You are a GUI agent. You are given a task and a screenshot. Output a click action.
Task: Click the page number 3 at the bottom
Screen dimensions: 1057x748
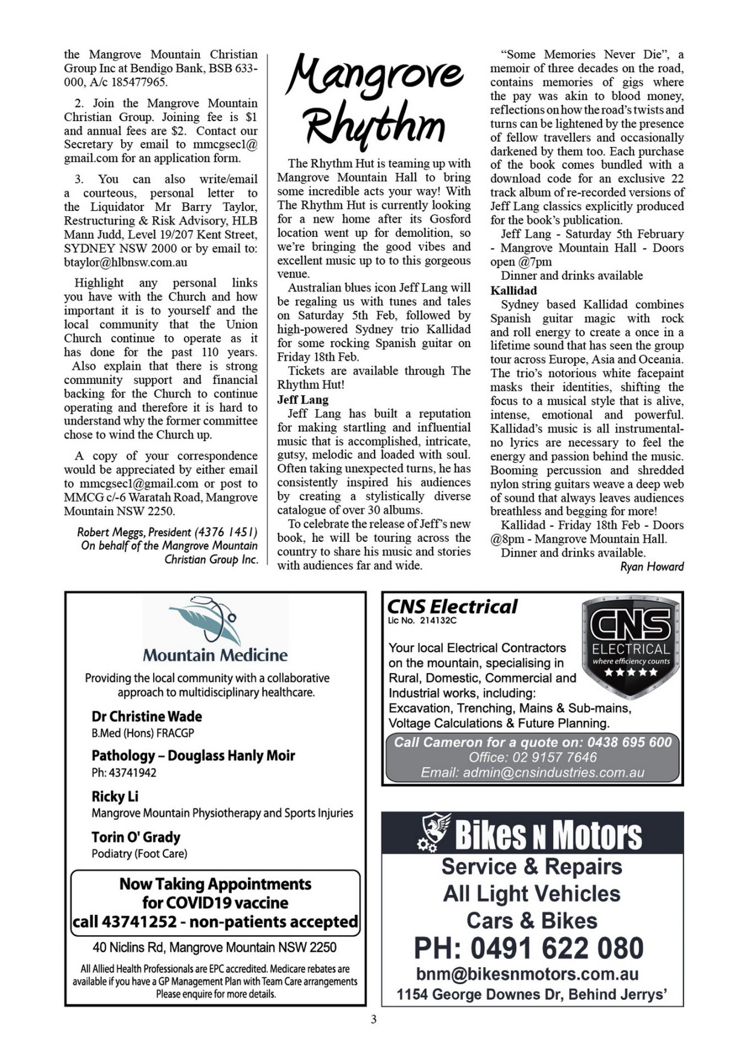pyautogui.click(x=373, y=1020)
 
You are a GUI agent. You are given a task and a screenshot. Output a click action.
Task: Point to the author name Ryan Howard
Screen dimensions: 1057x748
pyautogui.click(x=652, y=566)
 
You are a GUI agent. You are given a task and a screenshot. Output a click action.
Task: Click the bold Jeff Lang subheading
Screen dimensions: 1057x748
pyautogui.click(x=302, y=400)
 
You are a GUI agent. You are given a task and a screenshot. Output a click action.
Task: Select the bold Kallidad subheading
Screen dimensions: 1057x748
pyautogui.click(x=513, y=290)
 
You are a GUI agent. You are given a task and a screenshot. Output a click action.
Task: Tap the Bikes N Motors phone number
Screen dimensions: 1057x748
pyautogui.click(x=529, y=948)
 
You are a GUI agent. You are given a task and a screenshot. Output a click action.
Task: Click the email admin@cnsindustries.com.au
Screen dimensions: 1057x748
pyautogui.click(x=532, y=772)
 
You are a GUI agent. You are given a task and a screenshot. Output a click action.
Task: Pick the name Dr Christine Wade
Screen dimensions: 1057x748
pyautogui.click(x=147, y=716)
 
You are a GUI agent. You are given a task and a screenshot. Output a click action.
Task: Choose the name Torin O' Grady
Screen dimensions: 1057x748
pyautogui.click(x=136, y=837)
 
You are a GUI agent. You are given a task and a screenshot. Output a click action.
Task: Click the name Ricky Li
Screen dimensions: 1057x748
pyautogui.click(x=115, y=796)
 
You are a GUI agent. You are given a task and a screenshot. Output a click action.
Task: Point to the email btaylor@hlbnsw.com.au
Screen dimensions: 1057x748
pyautogui.click(x=126, y=263)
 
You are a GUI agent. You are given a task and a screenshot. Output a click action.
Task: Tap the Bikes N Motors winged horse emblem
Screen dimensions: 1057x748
pyautogui.click(x=435, y=833)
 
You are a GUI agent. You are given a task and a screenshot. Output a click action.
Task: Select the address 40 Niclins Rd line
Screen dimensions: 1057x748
pyautogui.click(x=214, y=947)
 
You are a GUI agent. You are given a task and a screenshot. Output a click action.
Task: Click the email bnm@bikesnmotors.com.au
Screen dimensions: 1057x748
pyautogui.click(x=527, y=974)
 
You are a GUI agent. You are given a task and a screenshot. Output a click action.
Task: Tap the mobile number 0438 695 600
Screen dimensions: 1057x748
pyautogui.click(x=629, y=742)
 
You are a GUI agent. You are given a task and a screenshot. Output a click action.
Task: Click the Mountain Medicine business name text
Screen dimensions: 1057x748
pyautogui.click(x=215, y=655)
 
